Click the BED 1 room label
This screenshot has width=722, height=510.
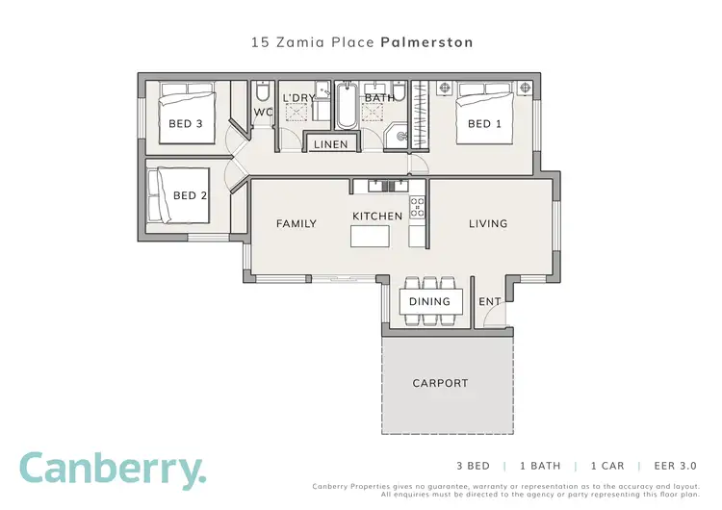(x=484, y=124)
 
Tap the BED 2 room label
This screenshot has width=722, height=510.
(x=190, y=196)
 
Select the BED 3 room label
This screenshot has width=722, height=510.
(x=185, y=124)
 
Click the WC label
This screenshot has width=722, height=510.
(x=263, y=113)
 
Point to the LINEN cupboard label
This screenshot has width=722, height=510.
(x=331, y=145)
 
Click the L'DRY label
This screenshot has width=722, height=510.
(x=298, y=98)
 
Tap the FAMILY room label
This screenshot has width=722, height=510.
(x=297, y=224)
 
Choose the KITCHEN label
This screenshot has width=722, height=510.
(x=377, y=217)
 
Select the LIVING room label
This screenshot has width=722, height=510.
(x=487, y=224)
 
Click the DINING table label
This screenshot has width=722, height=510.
(x=429, y=301)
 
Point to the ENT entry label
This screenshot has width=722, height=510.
(x=490, y=301)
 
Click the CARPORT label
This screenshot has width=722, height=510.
(x=440, y=383)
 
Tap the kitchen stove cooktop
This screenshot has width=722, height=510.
(x=418, y=205)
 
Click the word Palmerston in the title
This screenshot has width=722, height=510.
(x=426, y=43)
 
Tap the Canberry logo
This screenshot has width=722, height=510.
(x=113, y=470)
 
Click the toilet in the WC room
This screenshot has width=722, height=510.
(x=263, y=93)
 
